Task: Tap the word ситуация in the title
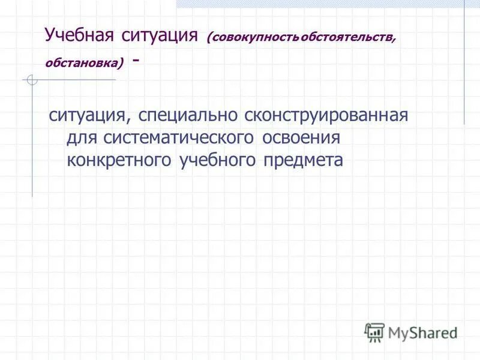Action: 160,35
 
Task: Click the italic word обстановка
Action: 82,62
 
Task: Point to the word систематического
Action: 179,138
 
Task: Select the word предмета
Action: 304,160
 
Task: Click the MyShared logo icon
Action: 374,332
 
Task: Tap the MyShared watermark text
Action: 423,332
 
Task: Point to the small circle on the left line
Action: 32,80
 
